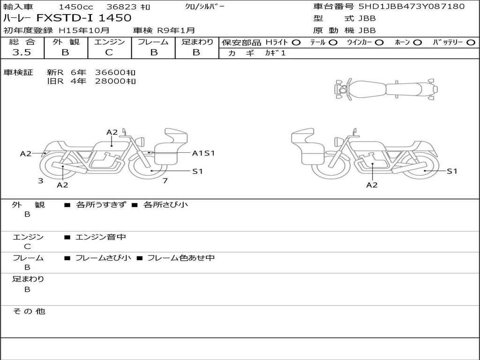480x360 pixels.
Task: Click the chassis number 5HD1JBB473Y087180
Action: point(412,6)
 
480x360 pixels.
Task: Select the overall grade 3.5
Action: point(22,52)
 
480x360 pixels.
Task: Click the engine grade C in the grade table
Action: point(109,52)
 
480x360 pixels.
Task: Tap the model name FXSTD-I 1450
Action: point(84,18)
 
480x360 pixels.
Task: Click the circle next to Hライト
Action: point(296,43)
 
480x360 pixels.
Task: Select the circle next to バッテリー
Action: point(471,43)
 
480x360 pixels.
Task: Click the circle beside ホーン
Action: point(418,43)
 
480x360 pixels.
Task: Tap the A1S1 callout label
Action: point(203,153)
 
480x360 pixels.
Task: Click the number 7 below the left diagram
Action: point(165,180)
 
